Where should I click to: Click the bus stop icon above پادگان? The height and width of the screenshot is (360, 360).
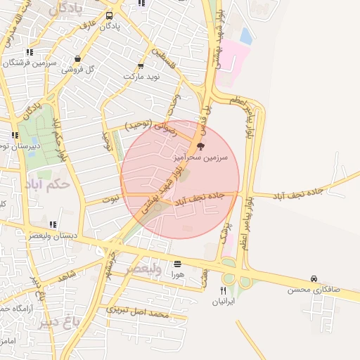[109, 15]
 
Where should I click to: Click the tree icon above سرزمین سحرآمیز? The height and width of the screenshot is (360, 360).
[202, 146]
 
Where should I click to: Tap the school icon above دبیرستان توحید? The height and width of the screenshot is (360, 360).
[15, 136]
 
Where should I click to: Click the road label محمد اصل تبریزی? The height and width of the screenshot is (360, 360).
[138, 311]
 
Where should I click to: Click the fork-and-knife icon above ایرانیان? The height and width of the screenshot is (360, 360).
[223, 290]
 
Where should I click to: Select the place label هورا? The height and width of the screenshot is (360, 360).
[176, 275]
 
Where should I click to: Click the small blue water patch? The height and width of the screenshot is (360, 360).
[246, 35]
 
